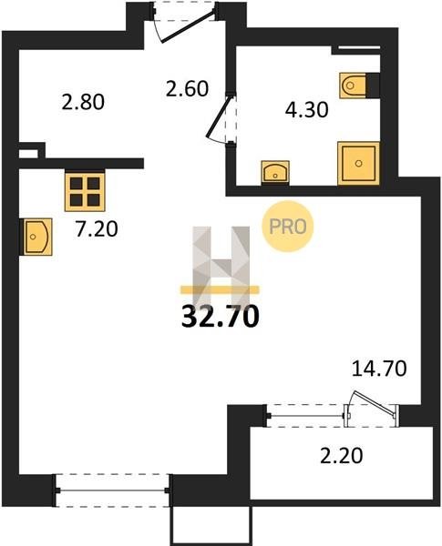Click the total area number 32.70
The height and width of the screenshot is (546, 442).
221,317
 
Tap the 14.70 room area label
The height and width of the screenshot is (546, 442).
379,369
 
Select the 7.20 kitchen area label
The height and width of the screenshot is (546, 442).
97,229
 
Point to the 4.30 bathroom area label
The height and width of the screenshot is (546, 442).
306,110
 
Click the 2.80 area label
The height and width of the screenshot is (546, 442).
83,102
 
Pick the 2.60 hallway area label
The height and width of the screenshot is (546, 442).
187,88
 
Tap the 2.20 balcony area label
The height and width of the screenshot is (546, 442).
342,456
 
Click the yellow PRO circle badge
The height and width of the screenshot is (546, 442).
288,227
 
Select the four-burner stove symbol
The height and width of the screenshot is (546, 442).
85,191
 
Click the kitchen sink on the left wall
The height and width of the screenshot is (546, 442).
36,237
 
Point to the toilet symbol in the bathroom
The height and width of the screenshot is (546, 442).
353,85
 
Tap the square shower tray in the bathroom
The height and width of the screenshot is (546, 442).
358,163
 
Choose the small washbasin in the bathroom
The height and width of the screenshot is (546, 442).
275,172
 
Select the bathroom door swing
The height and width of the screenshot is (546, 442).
221,118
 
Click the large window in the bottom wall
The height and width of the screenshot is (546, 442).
112,490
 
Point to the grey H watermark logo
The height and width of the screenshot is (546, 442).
221,267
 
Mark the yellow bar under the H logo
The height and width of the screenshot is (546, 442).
220,289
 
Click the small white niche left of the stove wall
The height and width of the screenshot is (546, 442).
28,154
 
